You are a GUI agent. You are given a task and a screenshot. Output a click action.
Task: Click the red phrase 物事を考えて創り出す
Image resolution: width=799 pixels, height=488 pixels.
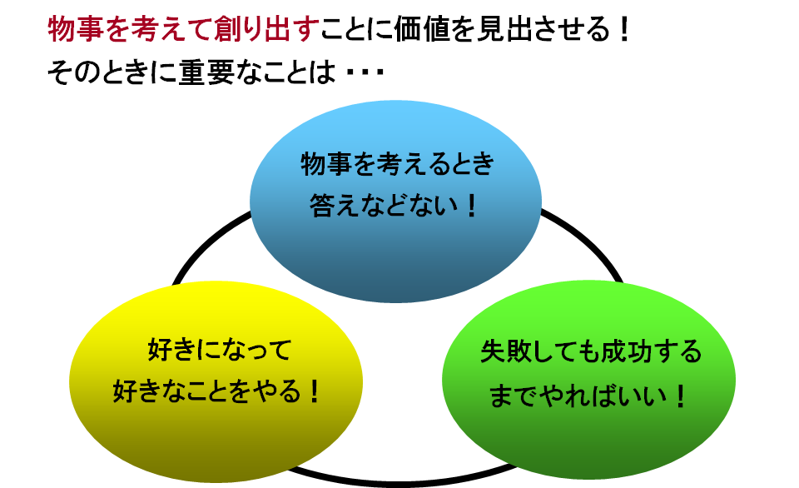pyautogui.click(x=183, y=28)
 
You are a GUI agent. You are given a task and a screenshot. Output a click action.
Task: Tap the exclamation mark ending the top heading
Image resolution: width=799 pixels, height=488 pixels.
pyautogui.click(x=623, y=29)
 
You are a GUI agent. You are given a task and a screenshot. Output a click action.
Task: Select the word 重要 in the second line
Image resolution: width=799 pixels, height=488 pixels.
pyautogui.click(x=206, y=72)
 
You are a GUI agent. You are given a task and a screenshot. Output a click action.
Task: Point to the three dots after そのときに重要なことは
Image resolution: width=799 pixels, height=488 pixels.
pyautogui.click(x=365, y=73)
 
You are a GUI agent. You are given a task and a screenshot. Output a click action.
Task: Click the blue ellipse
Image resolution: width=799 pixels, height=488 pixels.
pyautogui.click(x=395, y=202)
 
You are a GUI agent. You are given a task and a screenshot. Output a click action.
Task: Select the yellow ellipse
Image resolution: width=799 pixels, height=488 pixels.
pyautogui.click(x=216, y=381)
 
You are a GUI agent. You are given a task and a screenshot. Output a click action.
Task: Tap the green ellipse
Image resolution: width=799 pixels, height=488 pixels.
pyautogui.click(x=588, y=380)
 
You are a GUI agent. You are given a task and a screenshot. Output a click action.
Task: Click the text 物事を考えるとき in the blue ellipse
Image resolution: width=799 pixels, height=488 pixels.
pyautogui.click(x=397, y=164)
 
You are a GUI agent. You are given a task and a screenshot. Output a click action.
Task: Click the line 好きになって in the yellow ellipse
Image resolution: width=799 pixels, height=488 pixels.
pyautogui.click(x=220, y=350)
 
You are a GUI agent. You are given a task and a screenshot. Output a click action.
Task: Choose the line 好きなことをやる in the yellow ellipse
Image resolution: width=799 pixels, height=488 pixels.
pyautogui.click(x=206, y=391)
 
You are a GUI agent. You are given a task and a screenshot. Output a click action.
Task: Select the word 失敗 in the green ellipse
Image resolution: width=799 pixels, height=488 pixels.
pyautogui.click(x=507, y=351)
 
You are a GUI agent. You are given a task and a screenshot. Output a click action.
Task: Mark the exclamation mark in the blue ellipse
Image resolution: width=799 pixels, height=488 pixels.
pyautogui.click(x=471, y=206)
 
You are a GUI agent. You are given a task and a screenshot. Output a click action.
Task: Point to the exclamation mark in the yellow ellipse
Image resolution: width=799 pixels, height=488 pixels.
pyautogui.click(x=314, y=391)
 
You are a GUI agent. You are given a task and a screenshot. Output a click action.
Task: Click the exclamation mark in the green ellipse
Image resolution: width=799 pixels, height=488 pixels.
pyautogui.click(x=680, y=396)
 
